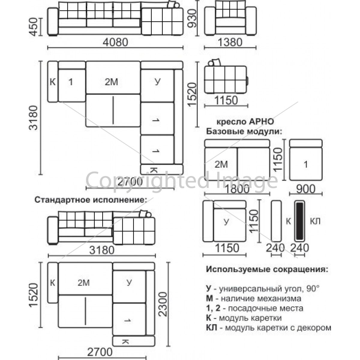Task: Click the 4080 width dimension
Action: coord(115,42)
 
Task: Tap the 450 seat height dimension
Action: coord(33,26)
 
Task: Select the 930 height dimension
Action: coord(192,19)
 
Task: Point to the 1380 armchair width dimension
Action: coord(230,42)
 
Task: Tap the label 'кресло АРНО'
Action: coord(245,122)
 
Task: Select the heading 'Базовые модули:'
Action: coord(244,131)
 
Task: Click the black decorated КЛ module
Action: coord(300,221)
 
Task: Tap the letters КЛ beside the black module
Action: coord(315,221)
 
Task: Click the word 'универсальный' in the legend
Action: coord(250,289)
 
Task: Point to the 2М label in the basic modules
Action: coord(221,164)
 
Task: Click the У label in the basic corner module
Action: coord(226,222)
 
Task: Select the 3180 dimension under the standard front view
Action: coord(102,250)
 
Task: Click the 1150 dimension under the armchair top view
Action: coord(226,100)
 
